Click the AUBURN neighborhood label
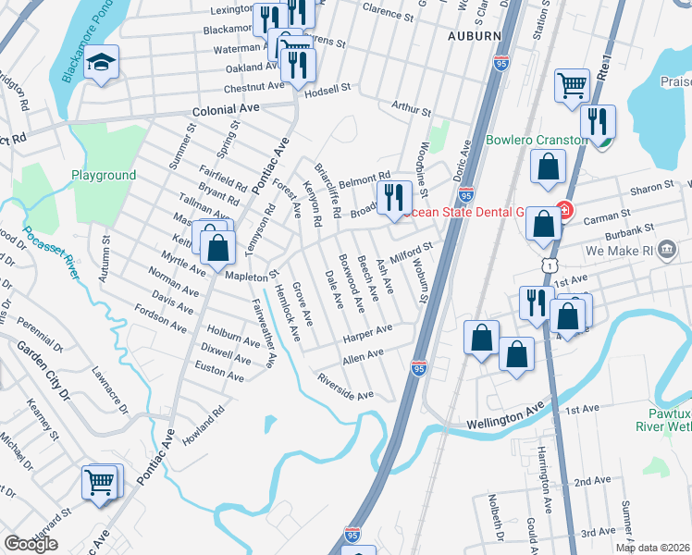[x=475, y=36]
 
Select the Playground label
[x=104, y=175]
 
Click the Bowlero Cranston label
[x=537, y=141]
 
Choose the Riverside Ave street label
[x=344, y=387]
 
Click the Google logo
[x=31, y=544]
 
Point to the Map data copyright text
[x=652, y=548]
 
